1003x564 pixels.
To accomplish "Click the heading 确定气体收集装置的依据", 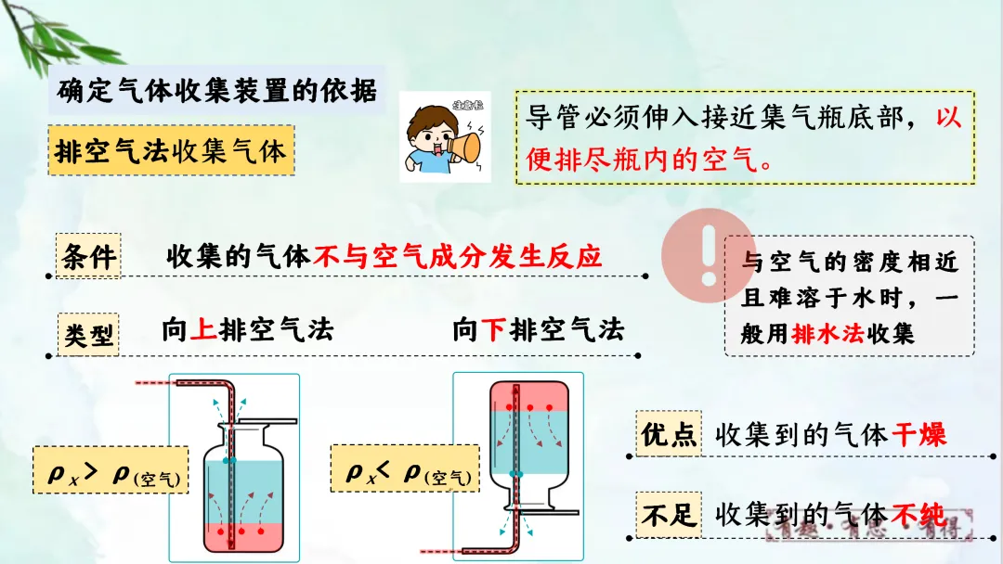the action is (x=217, y=91).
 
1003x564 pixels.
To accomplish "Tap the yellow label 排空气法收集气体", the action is (x=170, y=151).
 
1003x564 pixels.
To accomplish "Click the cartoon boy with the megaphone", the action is (x=444, y=137).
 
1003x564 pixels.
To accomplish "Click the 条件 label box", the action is (x=88, y=257).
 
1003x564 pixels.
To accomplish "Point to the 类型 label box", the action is (x=90, y=333).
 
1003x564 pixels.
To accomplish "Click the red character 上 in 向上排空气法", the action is (x=203, y=330).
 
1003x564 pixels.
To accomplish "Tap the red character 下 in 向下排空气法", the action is (x=494, y=330).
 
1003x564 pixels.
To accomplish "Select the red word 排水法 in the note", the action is (x=827, y=333).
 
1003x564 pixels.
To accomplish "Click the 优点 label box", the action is (x=669, y=434).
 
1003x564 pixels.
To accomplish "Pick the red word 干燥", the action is (x=919, y=434).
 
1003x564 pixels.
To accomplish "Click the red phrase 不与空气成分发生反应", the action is (x=458, y=255).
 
